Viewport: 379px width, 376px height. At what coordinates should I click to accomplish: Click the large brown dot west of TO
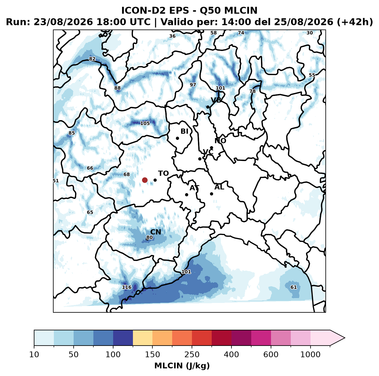tap(145, 180)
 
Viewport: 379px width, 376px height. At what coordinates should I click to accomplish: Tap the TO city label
tap(163, 173)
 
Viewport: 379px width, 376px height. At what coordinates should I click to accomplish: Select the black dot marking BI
tap(177, 138)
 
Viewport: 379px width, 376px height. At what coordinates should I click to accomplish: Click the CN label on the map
tap(156, 232)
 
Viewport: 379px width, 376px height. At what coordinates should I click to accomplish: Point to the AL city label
tap(219, 187)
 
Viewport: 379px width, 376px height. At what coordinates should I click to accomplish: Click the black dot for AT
tap(186, 195)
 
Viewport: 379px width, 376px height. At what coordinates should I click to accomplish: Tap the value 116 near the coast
tap(126, 287)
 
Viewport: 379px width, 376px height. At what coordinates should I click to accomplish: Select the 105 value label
tap(145, 123)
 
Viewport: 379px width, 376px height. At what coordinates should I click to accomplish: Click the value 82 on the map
tap(92, 59)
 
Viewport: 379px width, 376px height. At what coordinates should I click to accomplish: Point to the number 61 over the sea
tap(293, 287)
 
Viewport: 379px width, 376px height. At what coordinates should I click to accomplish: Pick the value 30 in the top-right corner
tap(310, 33)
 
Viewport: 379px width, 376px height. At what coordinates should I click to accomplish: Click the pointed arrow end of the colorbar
tap(344, 338)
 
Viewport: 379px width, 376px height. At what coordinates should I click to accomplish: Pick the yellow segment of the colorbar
tap(143, 338)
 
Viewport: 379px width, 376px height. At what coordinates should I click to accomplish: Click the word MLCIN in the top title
tap(241, 10)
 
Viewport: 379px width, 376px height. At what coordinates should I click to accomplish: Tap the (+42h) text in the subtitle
tap(355, 22)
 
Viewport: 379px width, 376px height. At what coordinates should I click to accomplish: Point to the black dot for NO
tap(211, 148)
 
